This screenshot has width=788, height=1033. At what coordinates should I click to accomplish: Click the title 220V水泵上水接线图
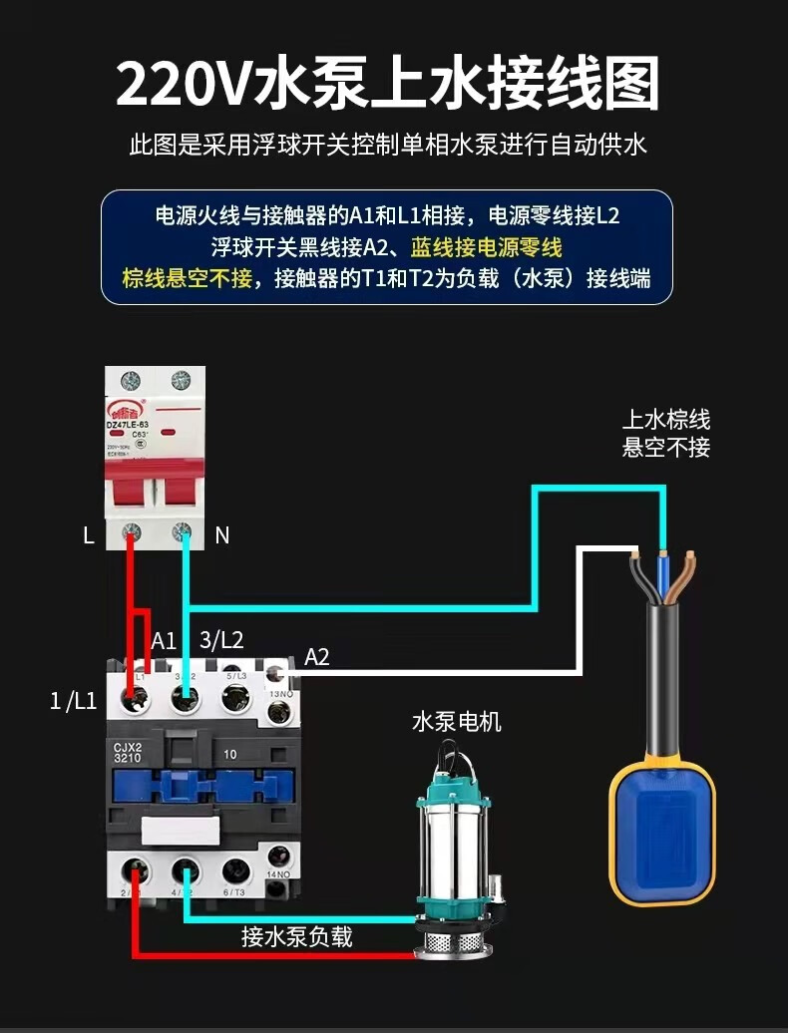point(388,84)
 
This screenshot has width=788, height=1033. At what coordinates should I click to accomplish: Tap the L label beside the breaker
point(89,535)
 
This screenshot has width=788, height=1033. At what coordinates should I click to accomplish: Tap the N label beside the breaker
point(221,535)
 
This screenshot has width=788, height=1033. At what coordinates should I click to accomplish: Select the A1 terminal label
point(164,640)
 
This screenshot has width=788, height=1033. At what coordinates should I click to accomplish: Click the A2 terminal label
point(316,656)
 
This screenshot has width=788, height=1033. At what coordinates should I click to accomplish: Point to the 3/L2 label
point(221,640)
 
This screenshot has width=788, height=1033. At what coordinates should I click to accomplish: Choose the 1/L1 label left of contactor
point(73,701)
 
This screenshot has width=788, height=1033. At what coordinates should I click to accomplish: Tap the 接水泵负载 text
point(296,937)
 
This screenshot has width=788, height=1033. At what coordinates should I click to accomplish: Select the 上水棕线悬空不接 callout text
point(666,433)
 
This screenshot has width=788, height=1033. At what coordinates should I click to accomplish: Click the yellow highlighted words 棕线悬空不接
point(187,277)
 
